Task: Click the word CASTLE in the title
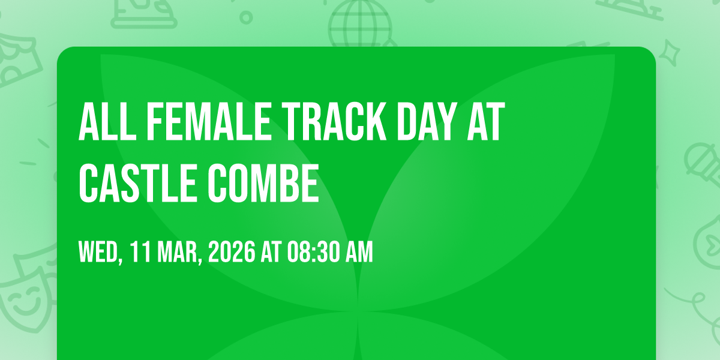pos(137,183)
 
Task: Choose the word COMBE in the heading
pos(263,183)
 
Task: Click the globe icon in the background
pos(359,23)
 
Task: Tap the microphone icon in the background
pos(703,164)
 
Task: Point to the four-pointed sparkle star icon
pos(669,53)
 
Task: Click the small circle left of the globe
pos(246,17)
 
